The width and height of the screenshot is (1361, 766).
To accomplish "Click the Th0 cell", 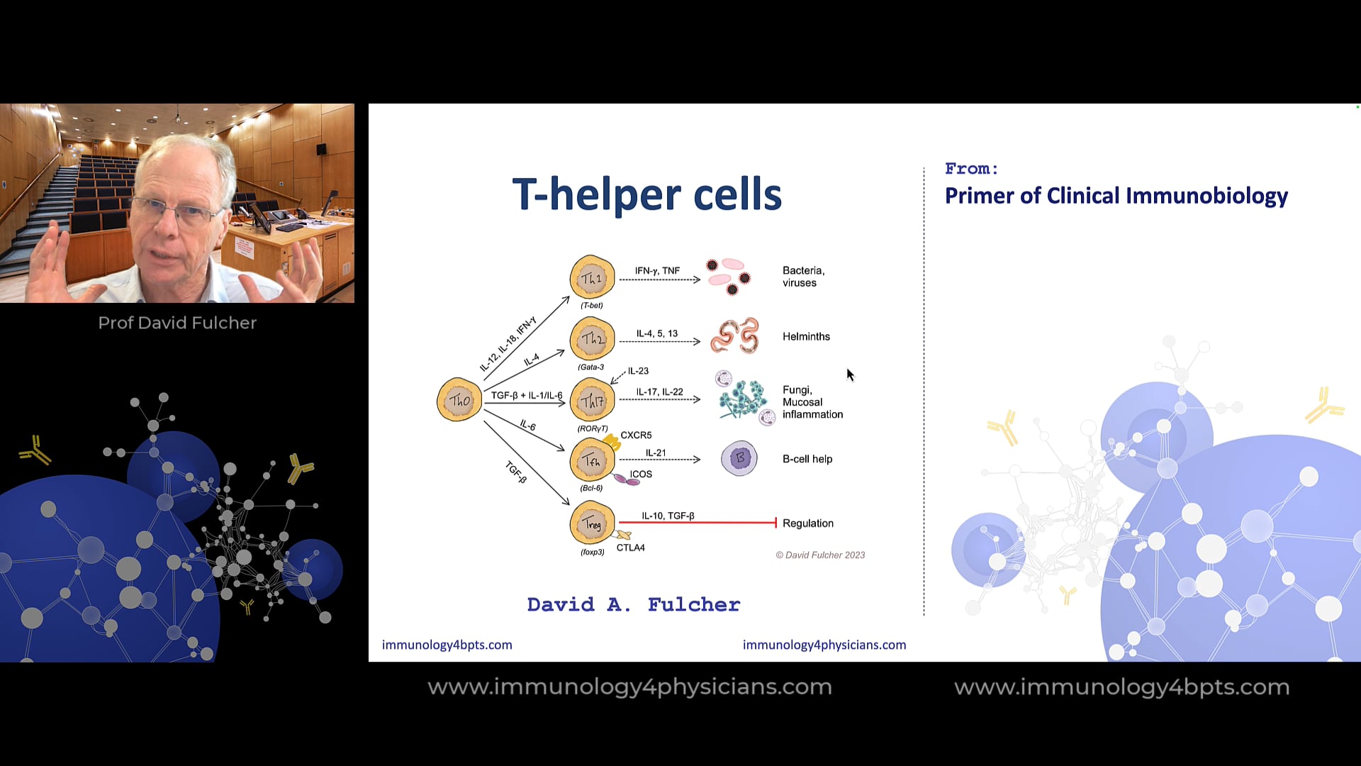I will pyautogui.click(x=459, y=400).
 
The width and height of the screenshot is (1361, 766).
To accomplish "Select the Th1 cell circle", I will pyautogui.click(x=592, y=278).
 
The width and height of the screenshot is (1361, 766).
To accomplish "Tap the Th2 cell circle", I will pyautogui.click(x=592, y=339).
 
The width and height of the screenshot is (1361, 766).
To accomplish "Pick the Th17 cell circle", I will pyautogui.click(x=592, y=401).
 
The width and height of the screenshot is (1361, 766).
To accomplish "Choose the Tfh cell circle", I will pyautogui.click(x=592, y=460).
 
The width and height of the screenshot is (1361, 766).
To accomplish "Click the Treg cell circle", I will pyautogui.click(x=592, y=523).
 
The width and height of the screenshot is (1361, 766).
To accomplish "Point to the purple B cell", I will pyautogui.click(x=739, y=458).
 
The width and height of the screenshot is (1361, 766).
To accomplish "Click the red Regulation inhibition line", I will pyautogui.click(x=698, y=523).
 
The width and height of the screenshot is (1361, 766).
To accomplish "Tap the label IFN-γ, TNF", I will pyautogui.click(x=657, y=271).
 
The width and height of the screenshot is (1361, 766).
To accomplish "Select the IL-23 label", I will pyautogui.click(x=638, y=371).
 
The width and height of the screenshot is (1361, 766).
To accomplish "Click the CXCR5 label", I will pyautogui.click(x=636, y=435).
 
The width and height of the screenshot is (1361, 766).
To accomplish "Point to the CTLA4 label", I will pyautogui.click(x=630, y=548).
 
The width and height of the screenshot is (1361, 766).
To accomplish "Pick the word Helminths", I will pyautogui.click(x=806, y=336).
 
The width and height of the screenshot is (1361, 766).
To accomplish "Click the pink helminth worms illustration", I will pyautogui.click(x=735, y=336).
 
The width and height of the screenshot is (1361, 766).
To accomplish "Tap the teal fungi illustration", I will pyautogui.click(x=742, y=399).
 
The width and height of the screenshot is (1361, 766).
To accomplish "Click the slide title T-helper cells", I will pyautogui.click(x=646, y=194).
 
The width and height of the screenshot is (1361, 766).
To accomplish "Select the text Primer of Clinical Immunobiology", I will pyautogui.click(x=1116, y=196).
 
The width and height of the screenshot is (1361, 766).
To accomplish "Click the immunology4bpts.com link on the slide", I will pyautogui.click(x=447, y=645).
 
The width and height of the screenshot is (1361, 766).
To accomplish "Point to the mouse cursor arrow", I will pyautogui.click(x=850, y=374).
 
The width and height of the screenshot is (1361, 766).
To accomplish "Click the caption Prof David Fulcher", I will pyautogui.click(x=177, y=323).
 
